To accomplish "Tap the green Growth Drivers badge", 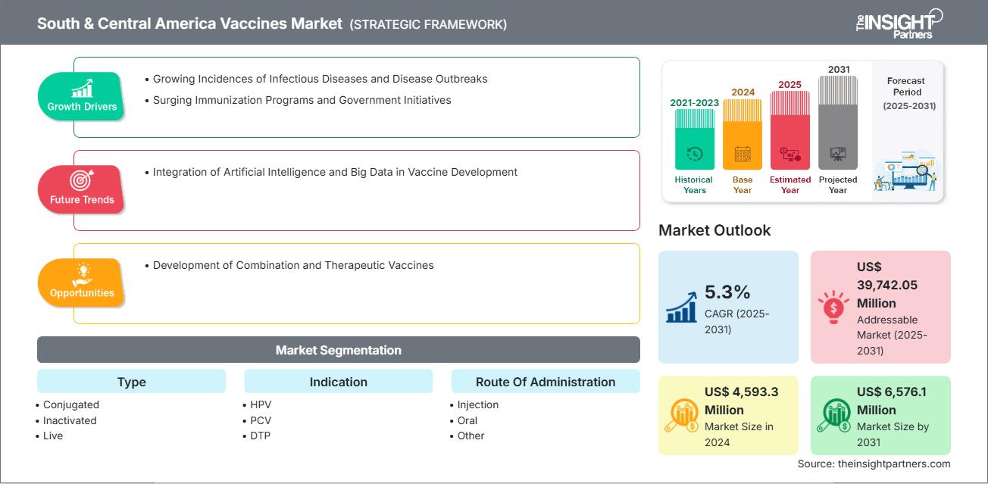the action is coord(81,95).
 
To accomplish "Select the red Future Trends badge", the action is coord(81,189).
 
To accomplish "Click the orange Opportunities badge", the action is coord(81,282).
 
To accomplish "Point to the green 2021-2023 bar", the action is coord(694,139).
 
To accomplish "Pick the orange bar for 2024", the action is coord(743,135).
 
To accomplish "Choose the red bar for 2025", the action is coord(790,130).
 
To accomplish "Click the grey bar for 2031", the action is coord(838,123).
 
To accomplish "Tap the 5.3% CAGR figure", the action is coord(727,292).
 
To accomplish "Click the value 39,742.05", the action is coord(887,285).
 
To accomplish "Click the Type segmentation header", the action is coord(131,381).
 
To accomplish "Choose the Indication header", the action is coord(339,381).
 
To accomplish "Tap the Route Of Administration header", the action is coord(546,381).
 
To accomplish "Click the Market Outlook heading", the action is coord(714,230).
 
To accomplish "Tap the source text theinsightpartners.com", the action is coord(894,464).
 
